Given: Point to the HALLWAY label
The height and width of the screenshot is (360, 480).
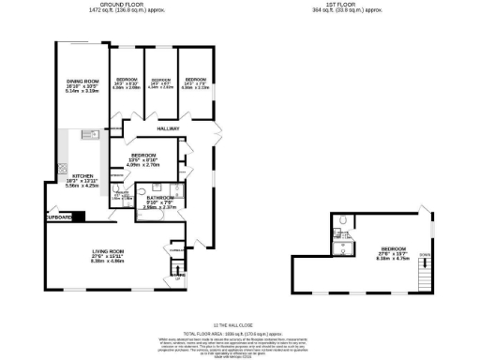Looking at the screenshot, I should (x=168, y=128).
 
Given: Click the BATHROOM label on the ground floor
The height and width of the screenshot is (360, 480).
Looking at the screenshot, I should (x=157, y=197).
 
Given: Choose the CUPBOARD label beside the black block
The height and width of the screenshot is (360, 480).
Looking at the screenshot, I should (x=58, y=217).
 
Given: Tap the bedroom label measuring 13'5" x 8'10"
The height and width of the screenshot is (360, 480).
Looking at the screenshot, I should (x=144, y=155).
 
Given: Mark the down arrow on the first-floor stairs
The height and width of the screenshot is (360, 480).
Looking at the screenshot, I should (x=425, y=255).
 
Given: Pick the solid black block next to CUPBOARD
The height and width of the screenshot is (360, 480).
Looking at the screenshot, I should (x=79, y=217).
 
